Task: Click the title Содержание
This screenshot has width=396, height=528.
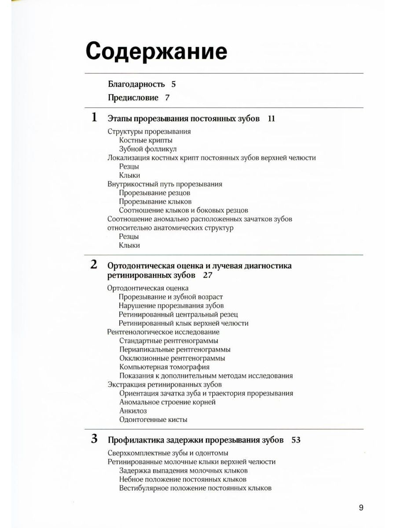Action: click(x=156, y=52)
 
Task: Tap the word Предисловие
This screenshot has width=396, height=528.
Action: click(x=133, y=98)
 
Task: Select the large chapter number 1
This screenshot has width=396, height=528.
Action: click(x=94, y=117)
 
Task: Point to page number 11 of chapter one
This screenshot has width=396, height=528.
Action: click(x=271, y=118)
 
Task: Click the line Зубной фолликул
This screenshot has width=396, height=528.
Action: click(x=148, y=149)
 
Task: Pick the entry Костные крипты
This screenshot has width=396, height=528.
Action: click(x=145, y=140)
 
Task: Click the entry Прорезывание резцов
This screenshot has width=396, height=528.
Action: click(x=154, y=193)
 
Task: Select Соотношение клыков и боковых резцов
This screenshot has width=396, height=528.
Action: click(x=183, y=210)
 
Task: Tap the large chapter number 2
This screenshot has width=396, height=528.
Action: click(x=94, y=265)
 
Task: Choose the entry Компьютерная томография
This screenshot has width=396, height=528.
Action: click(x=164, y=367)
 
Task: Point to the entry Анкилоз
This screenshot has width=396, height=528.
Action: click(x=133, y=411)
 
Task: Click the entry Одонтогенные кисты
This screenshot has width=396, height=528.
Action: click(x=153, y=419)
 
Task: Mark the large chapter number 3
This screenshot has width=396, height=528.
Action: click(x=94, y=439)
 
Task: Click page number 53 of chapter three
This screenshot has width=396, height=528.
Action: click(x=296, y=440)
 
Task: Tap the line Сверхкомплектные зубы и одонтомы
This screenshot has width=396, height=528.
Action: click(x=168, y=453)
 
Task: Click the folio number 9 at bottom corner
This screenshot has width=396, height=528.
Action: click(x=361, y=508)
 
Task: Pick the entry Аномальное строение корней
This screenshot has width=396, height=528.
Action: click(x=167, y=402)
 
